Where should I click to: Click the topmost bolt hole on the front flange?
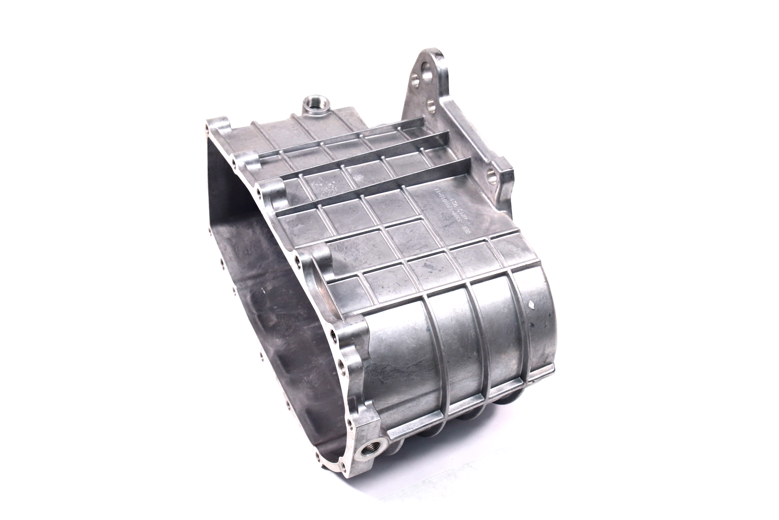click(x=207, y=127)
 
